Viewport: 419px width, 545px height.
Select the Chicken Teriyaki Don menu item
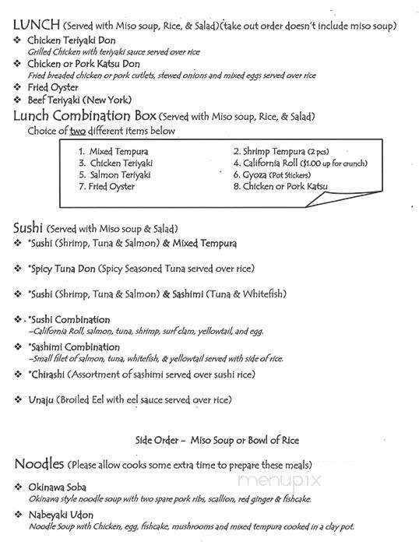pyautogui.click(x=71, y=40)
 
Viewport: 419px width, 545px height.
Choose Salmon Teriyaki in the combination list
pyautogui.click(x=120, y=175)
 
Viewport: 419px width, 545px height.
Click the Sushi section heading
pyautogui.click(x=28, y=229)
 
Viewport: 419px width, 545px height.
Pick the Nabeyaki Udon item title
pyautogui.click(x=63, y=515)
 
